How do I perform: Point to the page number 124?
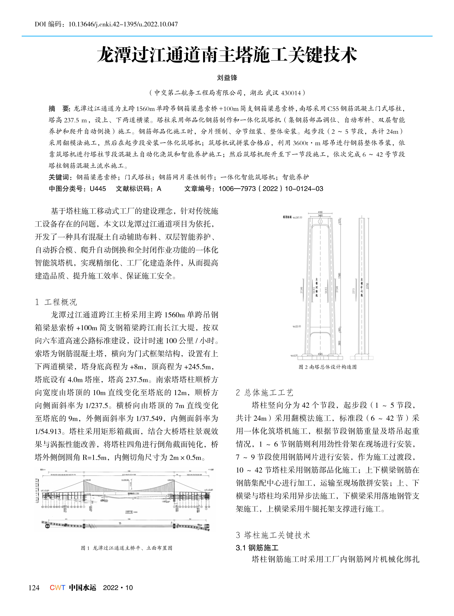[x=34, y=588]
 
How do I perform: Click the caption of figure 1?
[x=126, y=548]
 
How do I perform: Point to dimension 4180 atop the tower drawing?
[x=320, y=212]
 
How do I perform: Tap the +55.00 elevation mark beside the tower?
[x=297, y=326]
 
